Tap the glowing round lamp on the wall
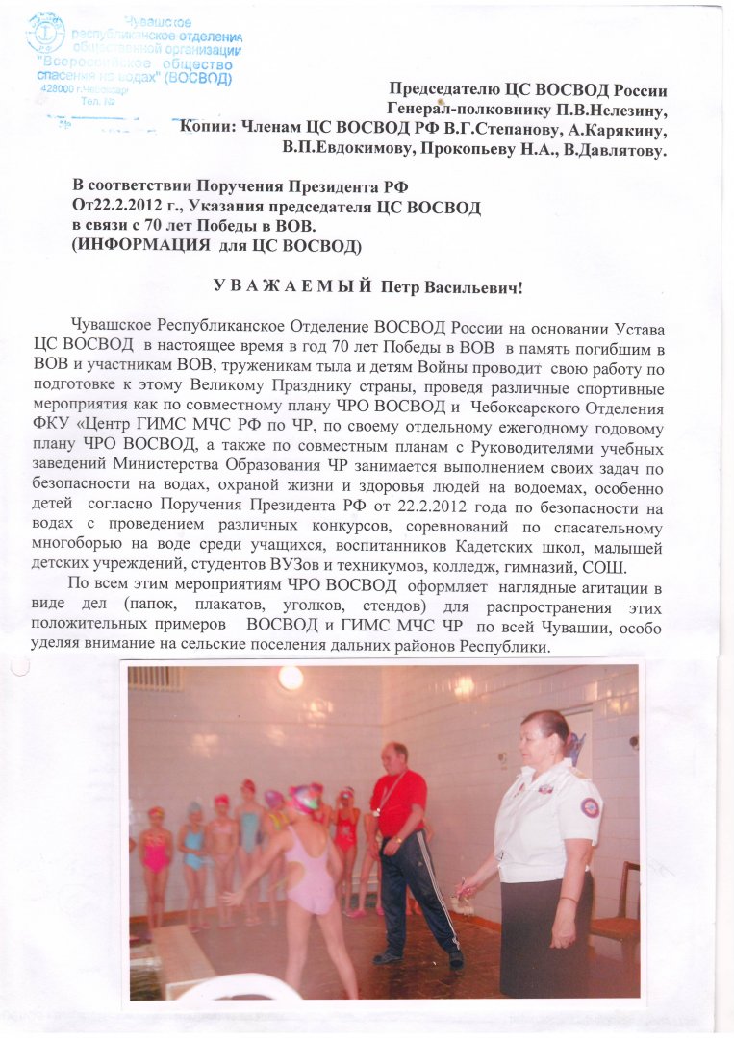tap(290, 678)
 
